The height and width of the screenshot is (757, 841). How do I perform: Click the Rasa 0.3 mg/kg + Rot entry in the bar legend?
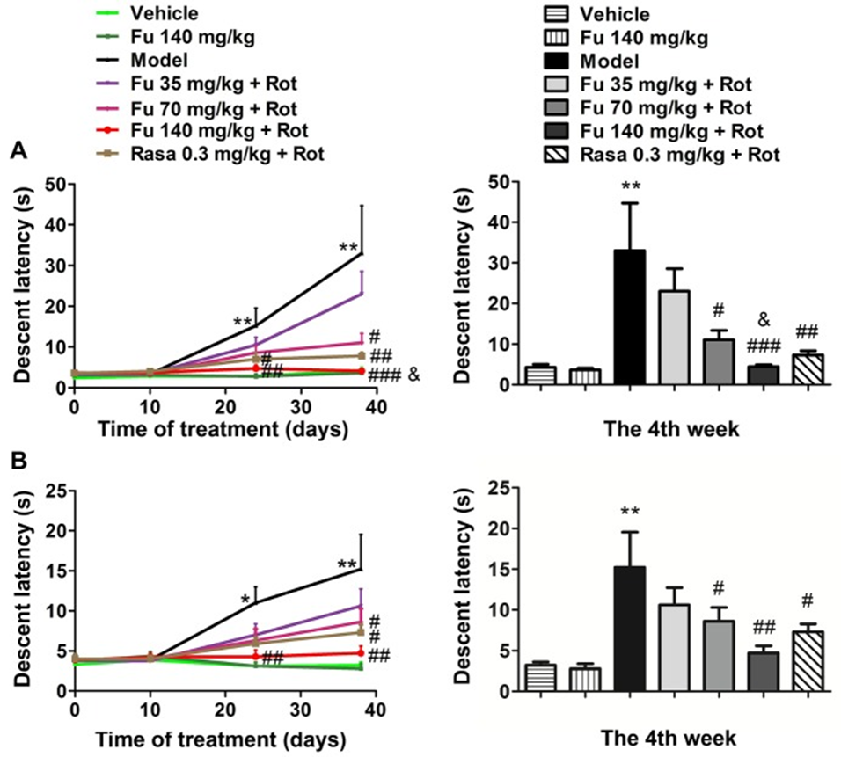click(677, 153)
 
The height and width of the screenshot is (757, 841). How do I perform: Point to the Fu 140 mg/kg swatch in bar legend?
click(558, 39)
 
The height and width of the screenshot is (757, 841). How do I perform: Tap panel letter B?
click(17, 458)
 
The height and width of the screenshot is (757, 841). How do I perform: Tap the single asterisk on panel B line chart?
click(245, 601)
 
